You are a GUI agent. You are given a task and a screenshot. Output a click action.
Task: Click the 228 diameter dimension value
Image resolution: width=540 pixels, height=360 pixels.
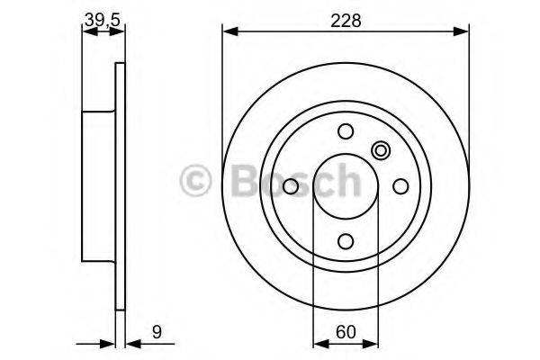click(345, 20)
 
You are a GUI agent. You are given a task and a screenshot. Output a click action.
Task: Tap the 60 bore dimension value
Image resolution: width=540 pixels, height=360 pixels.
click(345, 332)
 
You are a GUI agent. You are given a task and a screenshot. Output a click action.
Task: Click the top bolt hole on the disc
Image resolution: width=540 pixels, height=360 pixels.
click(346, 131)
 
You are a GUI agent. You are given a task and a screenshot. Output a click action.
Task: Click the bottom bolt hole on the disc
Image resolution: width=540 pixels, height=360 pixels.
click(346, 241)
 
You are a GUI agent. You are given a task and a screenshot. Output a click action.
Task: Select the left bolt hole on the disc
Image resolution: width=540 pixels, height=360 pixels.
click(291, 186)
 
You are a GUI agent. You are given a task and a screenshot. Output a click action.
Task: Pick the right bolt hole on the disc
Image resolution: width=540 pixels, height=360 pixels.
click(400, 186)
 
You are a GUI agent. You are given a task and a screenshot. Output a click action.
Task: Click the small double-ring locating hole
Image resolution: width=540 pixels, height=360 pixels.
click(380, 151)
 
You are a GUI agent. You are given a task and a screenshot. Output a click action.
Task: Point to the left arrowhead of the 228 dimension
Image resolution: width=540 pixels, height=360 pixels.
click(228, 31)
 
